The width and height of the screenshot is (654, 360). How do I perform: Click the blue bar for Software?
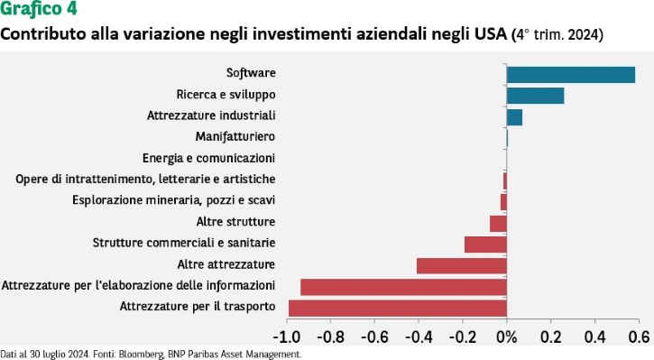coord(571,75)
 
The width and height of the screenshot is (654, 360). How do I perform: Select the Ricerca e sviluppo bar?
coord(535,96)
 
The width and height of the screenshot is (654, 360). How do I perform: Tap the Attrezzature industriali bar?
coord(514,117)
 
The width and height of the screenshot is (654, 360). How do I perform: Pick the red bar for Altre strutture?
coord(498,224)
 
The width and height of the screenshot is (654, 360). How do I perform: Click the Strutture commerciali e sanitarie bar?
coord(485,245)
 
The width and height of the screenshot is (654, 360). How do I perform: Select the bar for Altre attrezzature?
coord(462,266)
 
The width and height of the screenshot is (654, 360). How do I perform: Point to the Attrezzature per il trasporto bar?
coord(398,309)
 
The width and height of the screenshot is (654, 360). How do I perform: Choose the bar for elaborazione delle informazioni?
coord(404,287)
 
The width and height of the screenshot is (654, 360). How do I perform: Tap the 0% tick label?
coord(507,337)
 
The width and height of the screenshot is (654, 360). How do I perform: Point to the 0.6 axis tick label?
coord(639,337)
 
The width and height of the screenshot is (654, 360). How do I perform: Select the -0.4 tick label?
coord(419,337)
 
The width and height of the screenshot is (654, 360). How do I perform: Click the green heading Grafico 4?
coord(39,9)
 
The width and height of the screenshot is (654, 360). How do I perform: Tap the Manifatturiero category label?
coord(235,136)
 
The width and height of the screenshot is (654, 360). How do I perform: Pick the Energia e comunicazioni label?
coord(208,158)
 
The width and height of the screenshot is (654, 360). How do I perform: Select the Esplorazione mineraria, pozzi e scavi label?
coord(173,200)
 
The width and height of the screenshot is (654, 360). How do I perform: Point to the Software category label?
coord(251,72)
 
